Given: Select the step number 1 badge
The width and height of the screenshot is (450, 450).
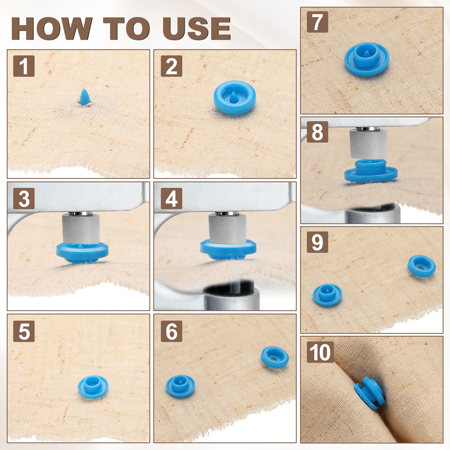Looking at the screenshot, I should (x=24, y=66).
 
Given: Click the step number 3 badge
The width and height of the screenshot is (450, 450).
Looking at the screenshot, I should (x=24, y=198).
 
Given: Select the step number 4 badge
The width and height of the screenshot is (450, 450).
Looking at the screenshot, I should (x=171, y=198).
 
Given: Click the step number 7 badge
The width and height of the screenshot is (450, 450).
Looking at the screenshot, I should (x=317, y=22).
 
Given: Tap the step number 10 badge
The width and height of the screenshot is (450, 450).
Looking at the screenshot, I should (x=320, y=352).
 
